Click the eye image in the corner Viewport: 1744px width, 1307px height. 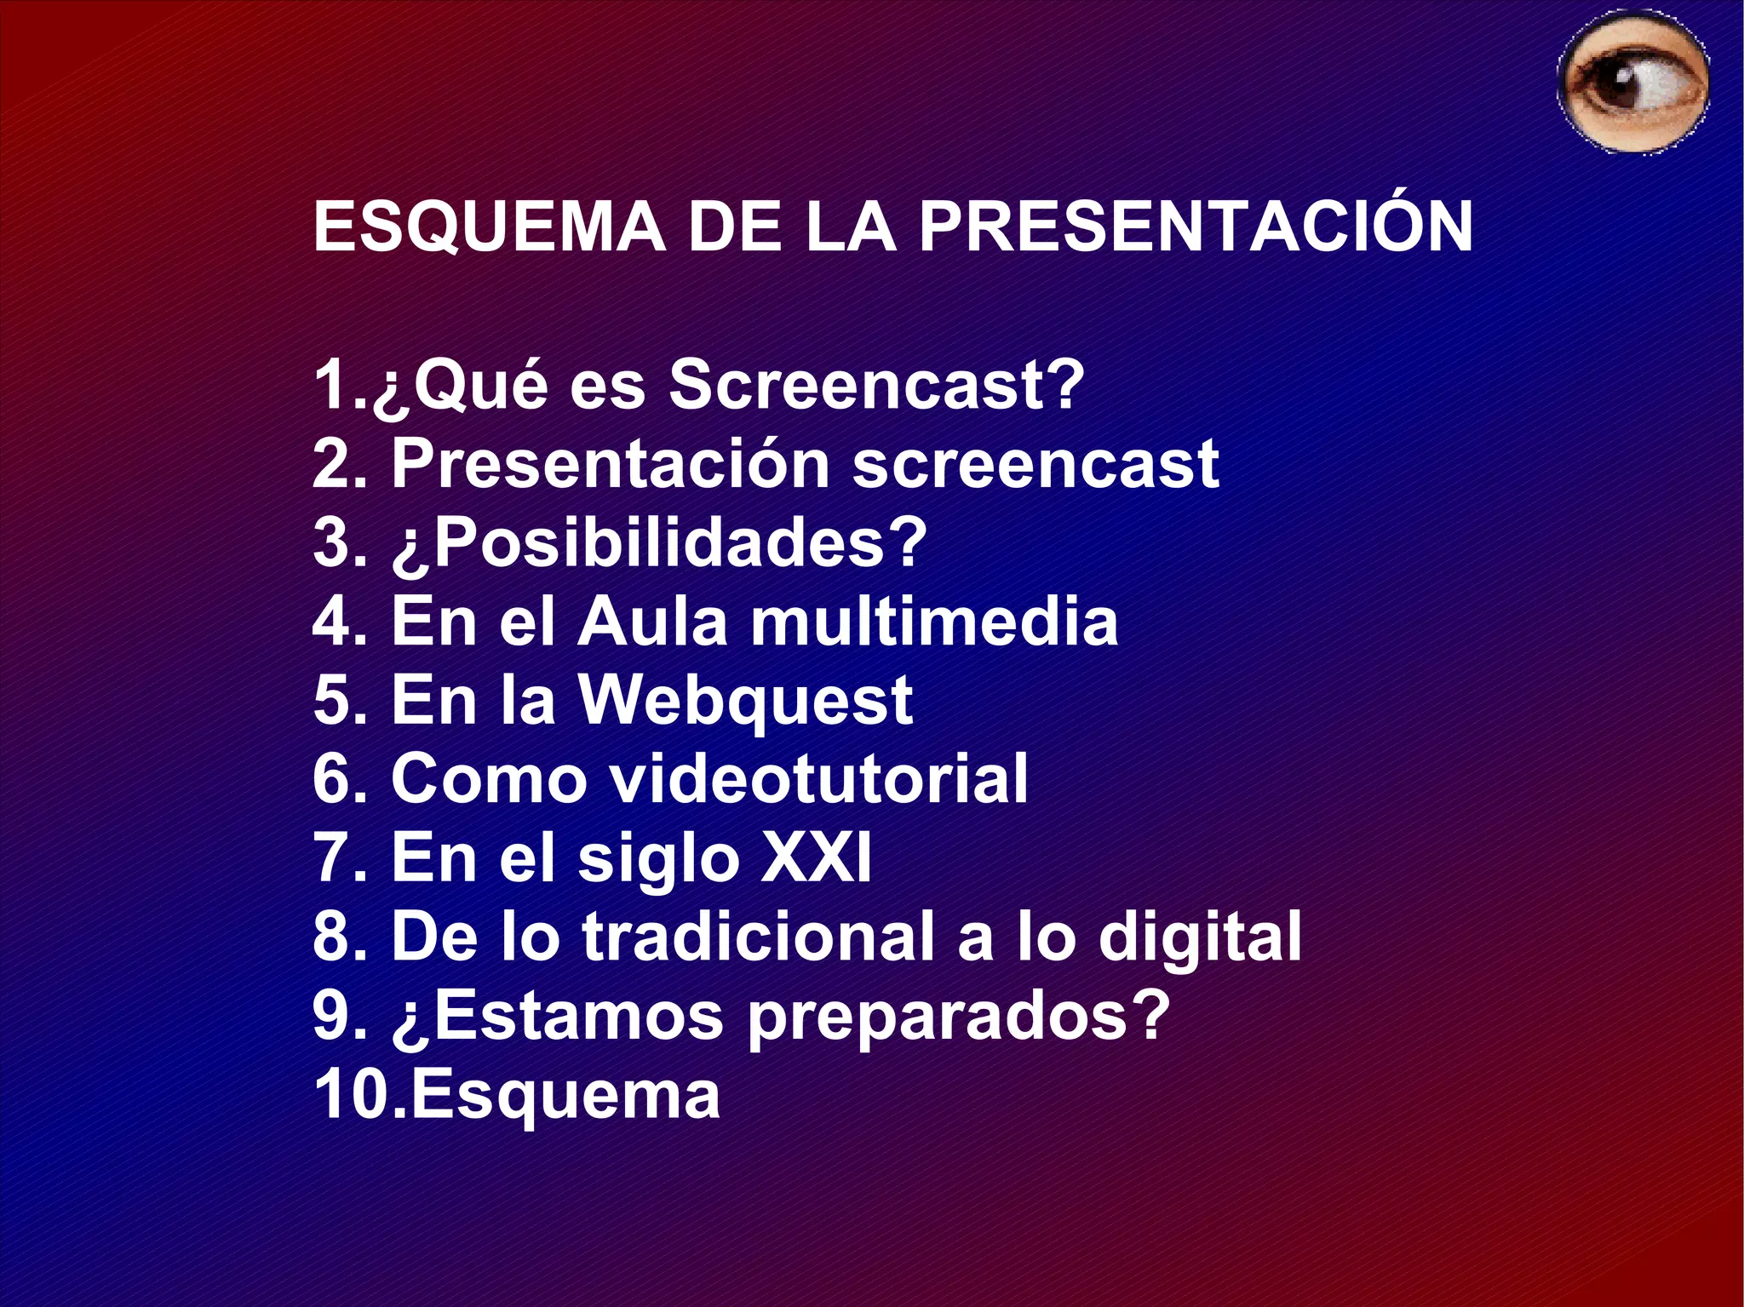pos(1633,83)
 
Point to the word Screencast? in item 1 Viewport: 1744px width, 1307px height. pos(877,385)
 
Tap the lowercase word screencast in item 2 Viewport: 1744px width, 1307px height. pos(1035,465)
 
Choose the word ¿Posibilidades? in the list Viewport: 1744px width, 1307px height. pos(658,543)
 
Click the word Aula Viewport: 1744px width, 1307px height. pos(652,622)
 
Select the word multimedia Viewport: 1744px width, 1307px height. pos(934,622)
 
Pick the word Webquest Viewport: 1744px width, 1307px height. pos(746,701)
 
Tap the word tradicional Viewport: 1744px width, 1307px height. pos(759,937)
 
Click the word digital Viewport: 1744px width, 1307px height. pos(1200,937)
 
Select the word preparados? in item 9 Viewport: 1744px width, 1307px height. pos(958,1016)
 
